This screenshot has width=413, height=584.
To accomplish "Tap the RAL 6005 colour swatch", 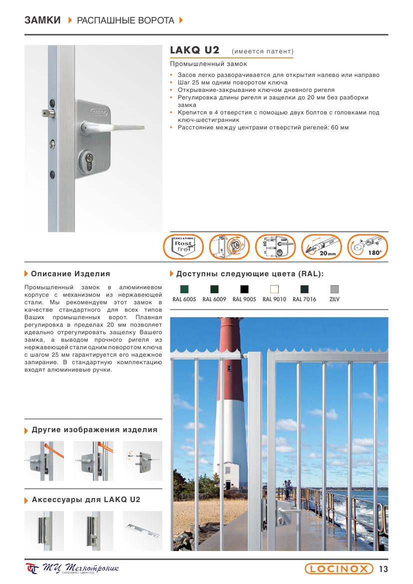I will pos(184,289).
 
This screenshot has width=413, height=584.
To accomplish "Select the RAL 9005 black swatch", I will pos(244,289).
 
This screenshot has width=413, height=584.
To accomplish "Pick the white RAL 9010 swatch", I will pos(274,289).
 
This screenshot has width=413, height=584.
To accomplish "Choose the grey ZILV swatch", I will pos(335,289).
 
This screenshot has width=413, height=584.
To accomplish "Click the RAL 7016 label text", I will pos(304,299).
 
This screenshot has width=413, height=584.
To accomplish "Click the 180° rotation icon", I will pos(367,247).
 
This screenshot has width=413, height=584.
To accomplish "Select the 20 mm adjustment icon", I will pos(322,247).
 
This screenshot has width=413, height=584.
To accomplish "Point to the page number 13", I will pos(384,569).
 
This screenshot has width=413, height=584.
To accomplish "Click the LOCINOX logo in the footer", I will pos(340,569).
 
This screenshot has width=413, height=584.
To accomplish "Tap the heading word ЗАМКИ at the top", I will pos(42,20).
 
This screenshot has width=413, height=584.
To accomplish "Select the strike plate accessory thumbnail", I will pos(142,531).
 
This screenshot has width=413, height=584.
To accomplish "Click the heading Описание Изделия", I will pos(70,274).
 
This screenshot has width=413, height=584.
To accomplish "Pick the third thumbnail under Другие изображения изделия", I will pos(142,461).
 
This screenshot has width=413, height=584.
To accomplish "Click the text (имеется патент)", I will pos(263,51).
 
